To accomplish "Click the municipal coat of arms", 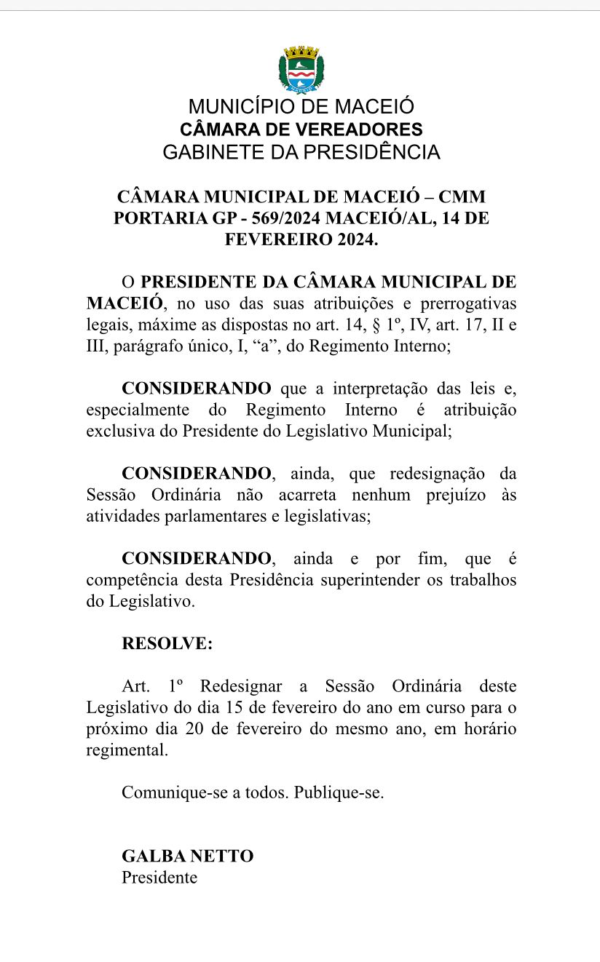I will click(x=301, y=70).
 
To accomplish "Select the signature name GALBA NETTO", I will click(x=188, y=856).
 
